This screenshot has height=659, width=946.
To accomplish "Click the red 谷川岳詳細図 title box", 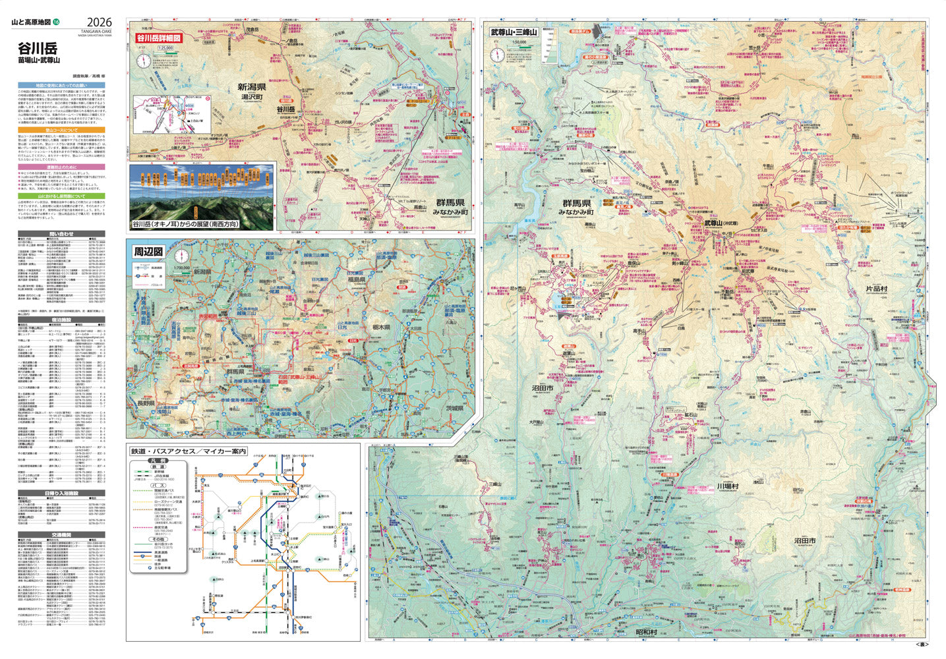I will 158,38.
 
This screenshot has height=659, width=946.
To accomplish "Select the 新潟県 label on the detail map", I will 252,86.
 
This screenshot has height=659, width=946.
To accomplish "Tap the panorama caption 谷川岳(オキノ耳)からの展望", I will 186,224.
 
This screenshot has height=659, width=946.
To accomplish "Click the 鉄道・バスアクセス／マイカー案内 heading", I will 188,451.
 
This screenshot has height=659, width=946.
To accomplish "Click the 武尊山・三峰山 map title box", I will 514,32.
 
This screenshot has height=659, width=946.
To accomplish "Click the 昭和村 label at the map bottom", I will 645,632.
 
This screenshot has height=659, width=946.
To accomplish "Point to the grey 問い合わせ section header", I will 61,234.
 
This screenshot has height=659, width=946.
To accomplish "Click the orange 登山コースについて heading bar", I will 61,130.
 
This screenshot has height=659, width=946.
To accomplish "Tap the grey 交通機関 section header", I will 61,535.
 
